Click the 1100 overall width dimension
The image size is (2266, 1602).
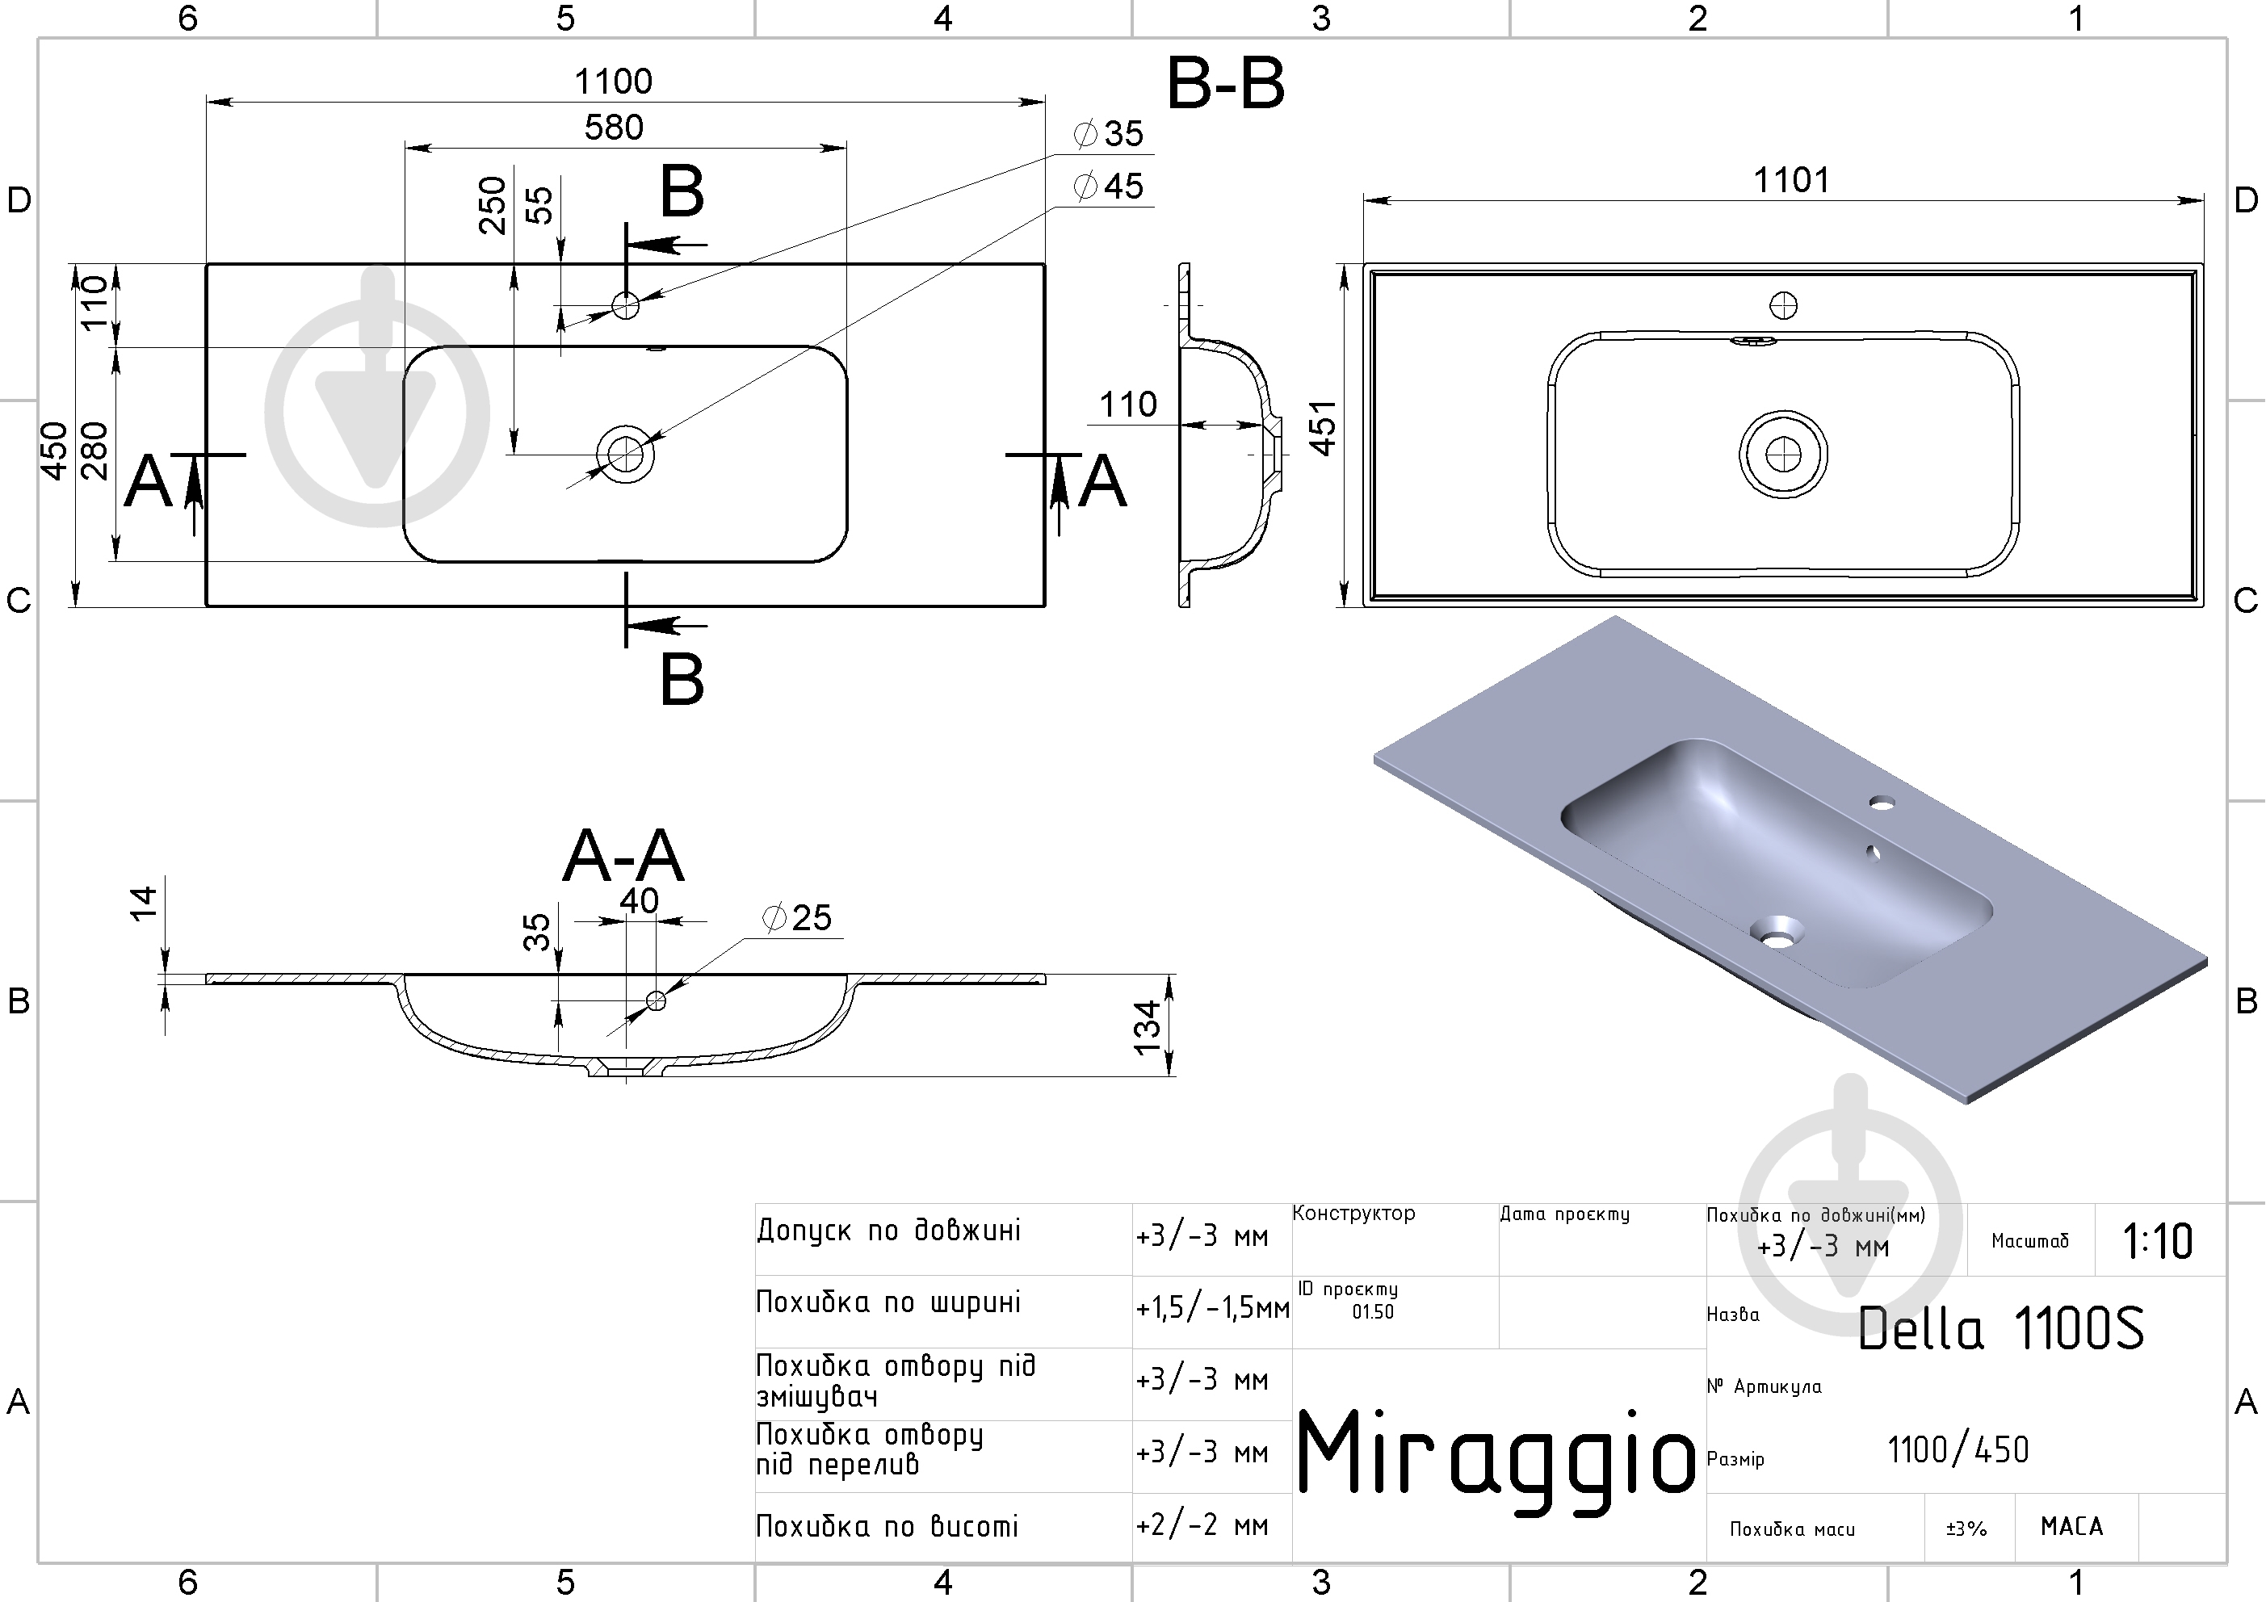613,81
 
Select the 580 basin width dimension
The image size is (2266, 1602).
613,128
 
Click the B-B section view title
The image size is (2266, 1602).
1226,83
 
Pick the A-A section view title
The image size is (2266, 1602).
623,855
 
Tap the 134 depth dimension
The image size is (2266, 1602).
1147,1028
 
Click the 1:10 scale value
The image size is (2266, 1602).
2158,1242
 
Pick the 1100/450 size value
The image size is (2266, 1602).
1958,1450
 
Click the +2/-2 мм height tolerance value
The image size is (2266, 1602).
1202,1526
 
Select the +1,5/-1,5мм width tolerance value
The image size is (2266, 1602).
1213,1308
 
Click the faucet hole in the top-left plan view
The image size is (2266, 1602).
626,305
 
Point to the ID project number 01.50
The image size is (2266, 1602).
1373,1312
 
